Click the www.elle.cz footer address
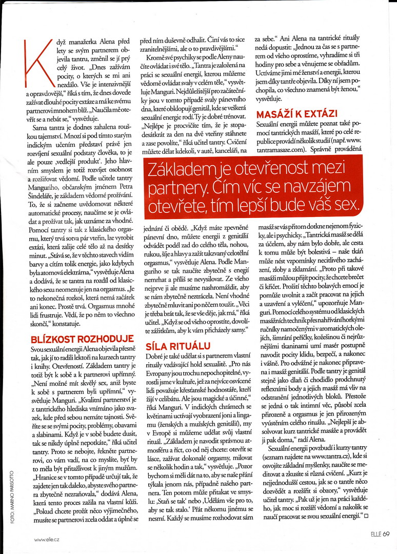(48, 539)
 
